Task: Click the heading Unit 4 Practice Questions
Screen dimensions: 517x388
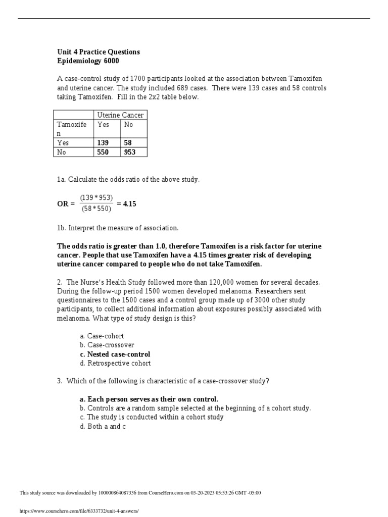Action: tap(99, 52)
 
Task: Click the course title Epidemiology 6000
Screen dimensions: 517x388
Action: tap(88, 61)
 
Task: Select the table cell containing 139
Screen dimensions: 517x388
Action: tap(103, 143)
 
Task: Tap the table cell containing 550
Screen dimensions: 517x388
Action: tap(103, 152)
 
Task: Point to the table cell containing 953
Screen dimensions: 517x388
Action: tap(130, 152)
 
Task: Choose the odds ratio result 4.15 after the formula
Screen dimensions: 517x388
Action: tap(129, 204)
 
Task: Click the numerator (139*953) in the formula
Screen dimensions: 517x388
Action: tap(96, 197)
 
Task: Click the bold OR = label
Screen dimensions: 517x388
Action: tap(66, 204)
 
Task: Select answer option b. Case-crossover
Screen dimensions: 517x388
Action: tap(107, 345)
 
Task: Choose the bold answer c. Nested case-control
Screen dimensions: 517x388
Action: tap(115, 354)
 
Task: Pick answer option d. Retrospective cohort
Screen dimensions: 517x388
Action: tap(115, 363)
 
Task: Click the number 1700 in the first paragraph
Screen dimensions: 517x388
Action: tap(138, 79)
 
